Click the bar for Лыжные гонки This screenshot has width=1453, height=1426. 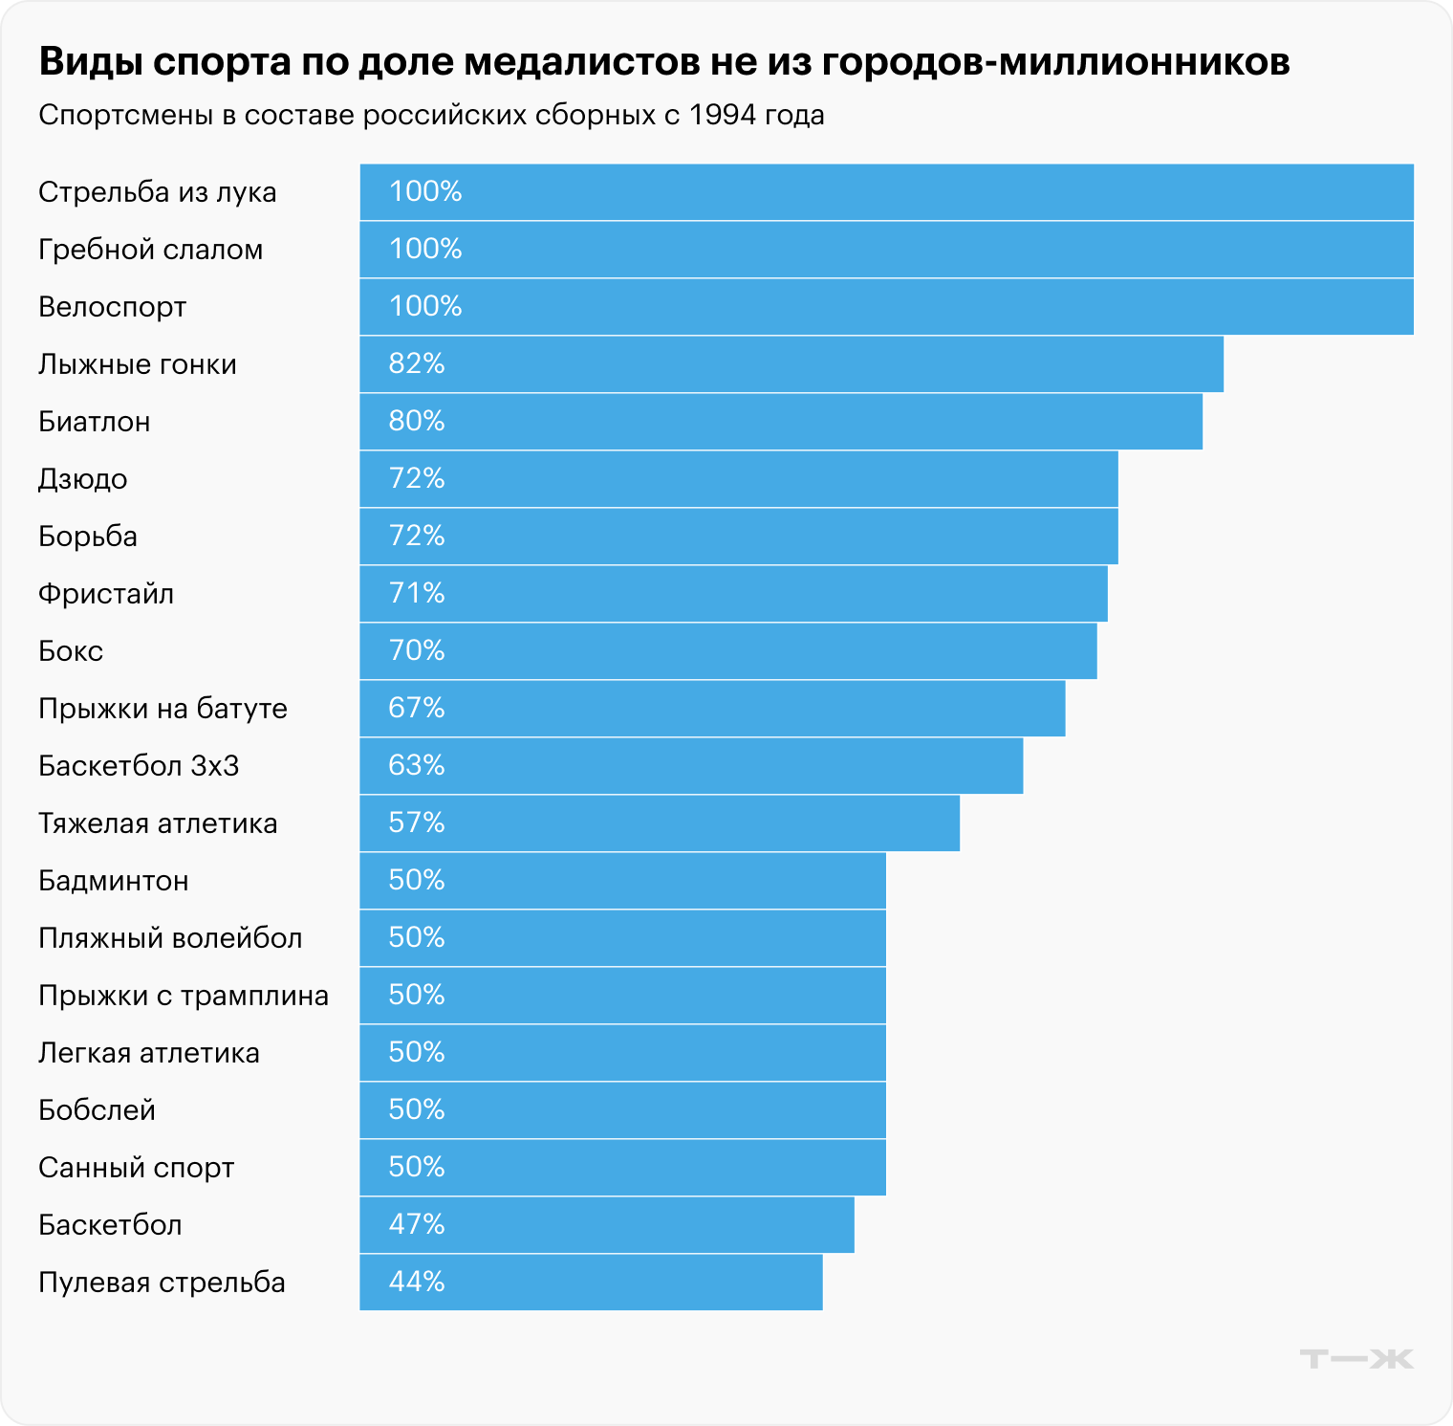pos(792,364)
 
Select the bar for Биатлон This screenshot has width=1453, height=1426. pos(781,422)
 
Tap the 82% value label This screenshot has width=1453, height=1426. pos(417,364)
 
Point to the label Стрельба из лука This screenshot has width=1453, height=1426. pos(158,192)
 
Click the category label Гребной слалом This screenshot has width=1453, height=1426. pos(150,250)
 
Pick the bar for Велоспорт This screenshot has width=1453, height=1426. pos(886,307)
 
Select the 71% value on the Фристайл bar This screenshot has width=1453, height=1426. pos(417,594)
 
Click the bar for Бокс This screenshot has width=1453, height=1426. pos(728,651)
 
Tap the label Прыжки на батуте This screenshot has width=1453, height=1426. pos(163,709)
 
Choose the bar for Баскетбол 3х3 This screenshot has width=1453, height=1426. pos(691,766)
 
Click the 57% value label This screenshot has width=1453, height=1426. pos(417,823)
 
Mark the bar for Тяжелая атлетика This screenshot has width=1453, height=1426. pos(660,823)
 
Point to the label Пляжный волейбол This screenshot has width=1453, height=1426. pos(170,938)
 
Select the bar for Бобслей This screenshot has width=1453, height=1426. pos(622,1110)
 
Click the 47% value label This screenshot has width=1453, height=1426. pos(417,1225)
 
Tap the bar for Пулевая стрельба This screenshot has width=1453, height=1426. pos(591,1283)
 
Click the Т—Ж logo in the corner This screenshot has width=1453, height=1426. pos(1356,1359)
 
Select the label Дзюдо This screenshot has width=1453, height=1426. pos(83,479)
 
